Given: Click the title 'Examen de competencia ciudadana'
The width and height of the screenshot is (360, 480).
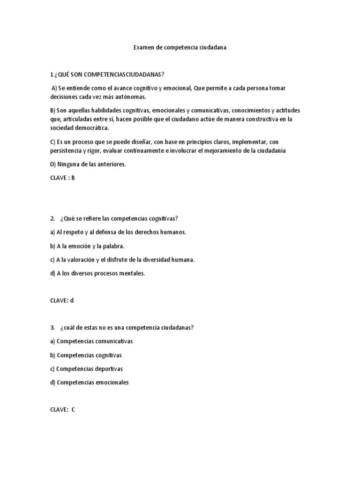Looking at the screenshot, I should click(180, 48).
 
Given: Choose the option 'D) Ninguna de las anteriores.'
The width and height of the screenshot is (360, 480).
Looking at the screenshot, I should click(88, 164).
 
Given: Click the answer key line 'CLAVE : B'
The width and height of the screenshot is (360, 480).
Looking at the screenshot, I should click(62, 178).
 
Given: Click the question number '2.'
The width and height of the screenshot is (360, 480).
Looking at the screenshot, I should click(52, 218).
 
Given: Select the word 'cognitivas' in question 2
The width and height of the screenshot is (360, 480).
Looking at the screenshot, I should click(163, 218).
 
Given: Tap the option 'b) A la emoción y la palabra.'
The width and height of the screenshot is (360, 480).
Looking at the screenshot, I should click(87, 246).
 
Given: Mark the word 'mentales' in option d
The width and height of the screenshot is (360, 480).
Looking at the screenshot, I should click(133, 273).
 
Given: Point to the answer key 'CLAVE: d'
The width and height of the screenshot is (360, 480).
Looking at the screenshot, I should click(62, 300).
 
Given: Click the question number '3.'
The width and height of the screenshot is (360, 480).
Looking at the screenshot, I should click(52, 328).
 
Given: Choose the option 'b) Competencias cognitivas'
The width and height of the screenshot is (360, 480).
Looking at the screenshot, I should click(86, 355).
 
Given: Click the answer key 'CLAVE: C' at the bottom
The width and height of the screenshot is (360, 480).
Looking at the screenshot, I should click(62, 410).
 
